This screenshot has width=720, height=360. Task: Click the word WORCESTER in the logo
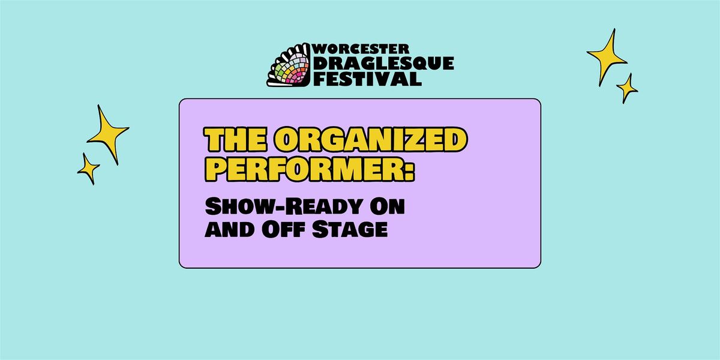361,49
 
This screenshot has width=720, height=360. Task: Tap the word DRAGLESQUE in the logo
383,64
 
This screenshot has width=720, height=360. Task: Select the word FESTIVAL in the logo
367,79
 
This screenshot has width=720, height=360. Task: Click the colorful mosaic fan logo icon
289,65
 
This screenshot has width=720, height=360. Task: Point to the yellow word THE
236,139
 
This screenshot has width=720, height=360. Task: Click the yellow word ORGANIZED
371,139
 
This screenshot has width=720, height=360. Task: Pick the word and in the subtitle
230,229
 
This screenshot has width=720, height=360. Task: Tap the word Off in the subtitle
283,229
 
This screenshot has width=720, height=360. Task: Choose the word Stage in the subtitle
350,229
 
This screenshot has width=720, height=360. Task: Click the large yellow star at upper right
607,58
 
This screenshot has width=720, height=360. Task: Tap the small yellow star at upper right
627,88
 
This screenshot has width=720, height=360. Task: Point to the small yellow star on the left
88,169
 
